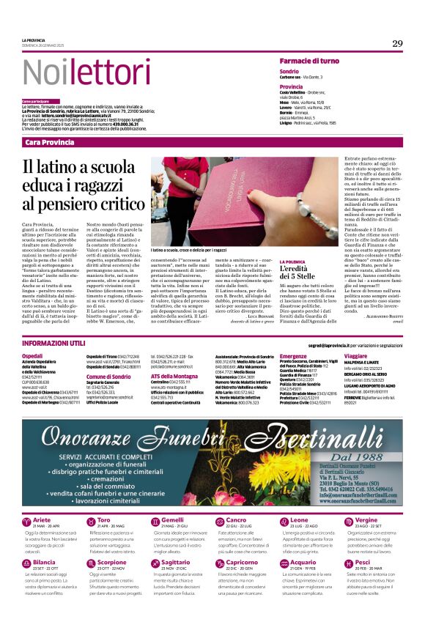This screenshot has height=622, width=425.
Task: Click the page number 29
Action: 396,43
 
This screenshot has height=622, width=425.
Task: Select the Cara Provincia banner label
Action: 49,142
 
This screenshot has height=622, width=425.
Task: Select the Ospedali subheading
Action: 32,355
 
